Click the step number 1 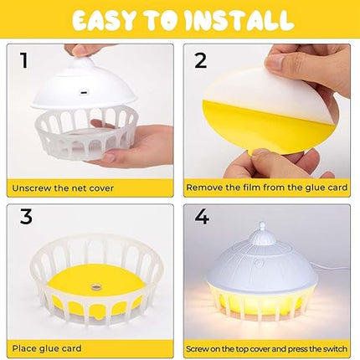coord(24,60)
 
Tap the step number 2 coord(201,60)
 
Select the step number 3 coord(26,217)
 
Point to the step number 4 coord(202,217)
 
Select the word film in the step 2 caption coord(252,187)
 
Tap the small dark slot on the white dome coord(84,92)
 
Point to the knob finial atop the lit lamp coord(262,234)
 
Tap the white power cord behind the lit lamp coord(332,270)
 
